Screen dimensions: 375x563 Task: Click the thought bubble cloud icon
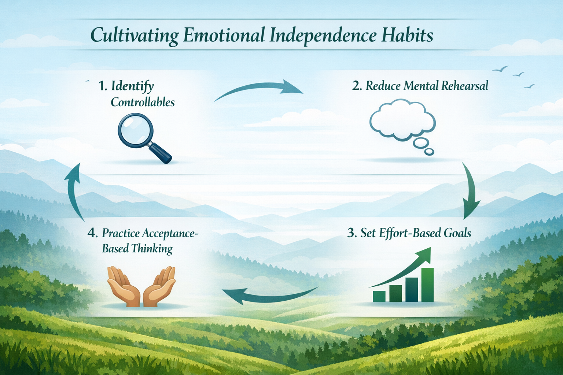tap(402, 119)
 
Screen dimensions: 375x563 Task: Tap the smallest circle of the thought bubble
tap(429, 151)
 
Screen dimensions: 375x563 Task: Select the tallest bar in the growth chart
tap(427, 285)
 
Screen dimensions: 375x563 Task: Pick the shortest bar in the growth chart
tap(379, 296)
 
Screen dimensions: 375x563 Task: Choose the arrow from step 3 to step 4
tap(269, 295)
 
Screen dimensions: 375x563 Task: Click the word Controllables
tap(143, 102)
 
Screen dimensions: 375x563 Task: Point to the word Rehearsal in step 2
tap(464, 86)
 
